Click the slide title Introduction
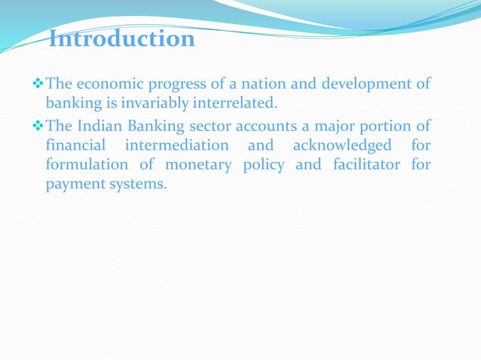click(121, 38)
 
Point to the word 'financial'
click(75, 145)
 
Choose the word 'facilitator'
click(368, 165)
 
